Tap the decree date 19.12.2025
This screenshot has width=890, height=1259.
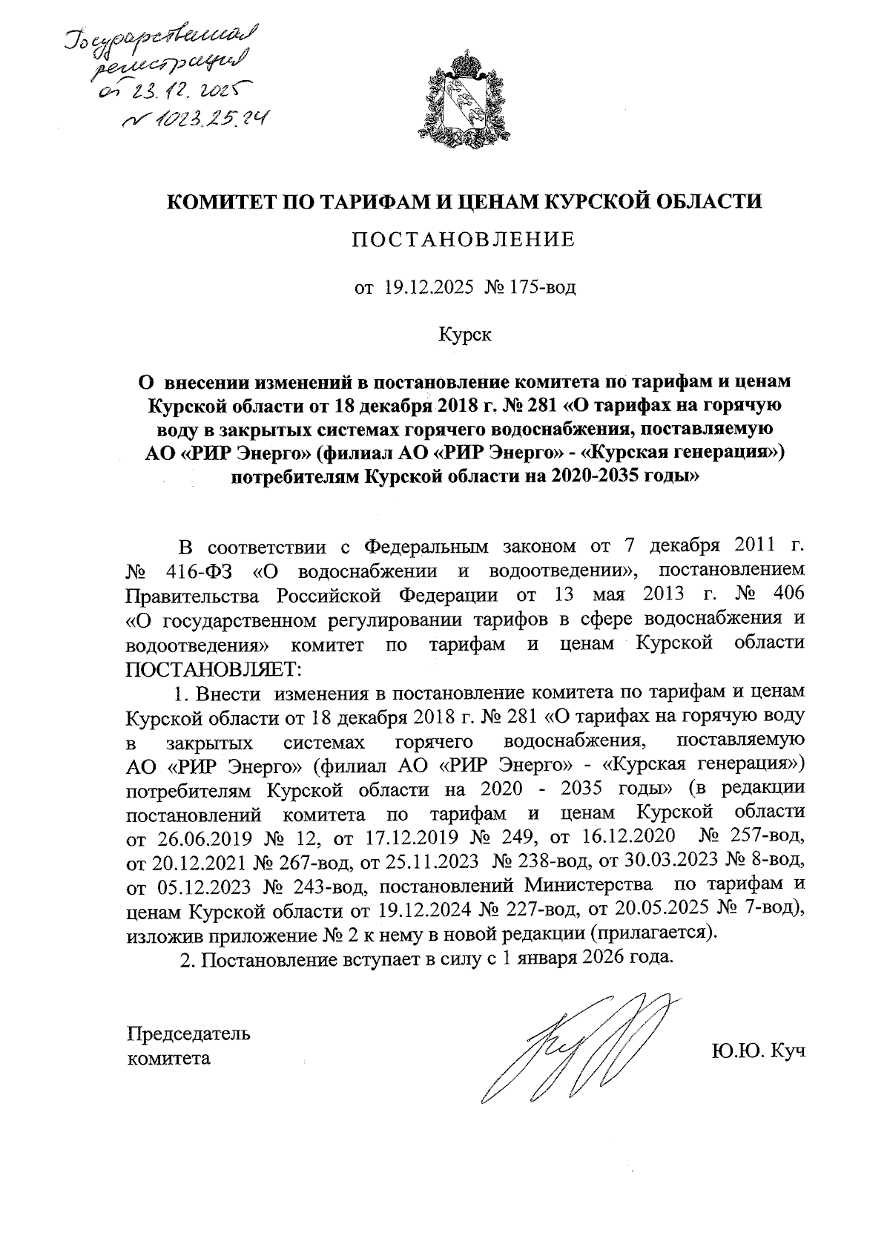[429, 287]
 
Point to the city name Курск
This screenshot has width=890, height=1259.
[464, 335]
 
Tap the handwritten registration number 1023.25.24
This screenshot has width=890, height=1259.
[197, 117]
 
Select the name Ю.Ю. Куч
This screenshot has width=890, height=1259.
[758, 1051]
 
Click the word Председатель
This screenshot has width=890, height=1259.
[189, 1033]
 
